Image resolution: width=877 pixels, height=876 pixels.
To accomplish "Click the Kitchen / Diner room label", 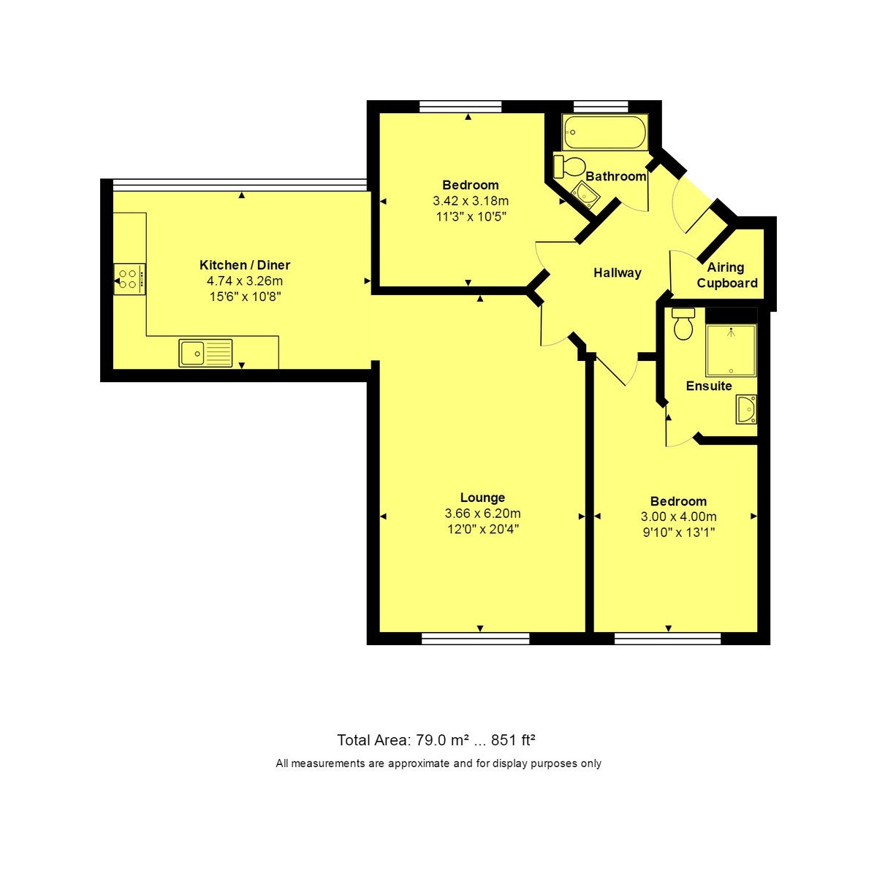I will click(x=245, y=265).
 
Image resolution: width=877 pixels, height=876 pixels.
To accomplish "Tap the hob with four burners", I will click(x=129, y=278).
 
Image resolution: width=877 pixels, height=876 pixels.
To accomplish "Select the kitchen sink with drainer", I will click(x=205, y=353).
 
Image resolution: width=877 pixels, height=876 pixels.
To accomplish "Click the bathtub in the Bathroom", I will click(x=604, y=132).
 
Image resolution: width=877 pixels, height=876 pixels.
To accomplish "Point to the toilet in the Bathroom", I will click(x=569, y=165).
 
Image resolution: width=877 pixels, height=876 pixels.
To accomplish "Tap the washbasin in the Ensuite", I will click(x=747, y=410).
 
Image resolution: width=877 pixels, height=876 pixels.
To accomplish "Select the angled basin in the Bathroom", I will click(x=586, y=194).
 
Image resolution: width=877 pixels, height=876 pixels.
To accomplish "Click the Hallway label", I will click(x=617, y=273).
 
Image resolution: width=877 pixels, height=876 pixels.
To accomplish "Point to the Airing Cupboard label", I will click(x=726, y=275).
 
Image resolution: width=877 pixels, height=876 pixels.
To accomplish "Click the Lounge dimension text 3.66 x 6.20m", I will click(x=482, y=514).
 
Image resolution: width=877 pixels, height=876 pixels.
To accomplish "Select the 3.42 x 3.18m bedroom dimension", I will click(x=471, y=201).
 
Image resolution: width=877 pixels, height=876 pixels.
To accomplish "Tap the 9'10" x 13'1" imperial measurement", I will click(x=678, y=533).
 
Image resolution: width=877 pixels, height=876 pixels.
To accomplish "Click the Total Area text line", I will click(x=436, y=740).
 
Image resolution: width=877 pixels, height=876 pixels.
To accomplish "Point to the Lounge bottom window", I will click(x=476, y=639).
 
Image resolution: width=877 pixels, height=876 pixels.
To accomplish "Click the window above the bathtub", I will click(x=600, y=106).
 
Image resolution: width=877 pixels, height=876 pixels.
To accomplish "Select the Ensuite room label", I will click(x=708, y=386).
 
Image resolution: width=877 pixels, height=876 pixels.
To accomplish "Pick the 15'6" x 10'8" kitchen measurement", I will click(x=245, y=297).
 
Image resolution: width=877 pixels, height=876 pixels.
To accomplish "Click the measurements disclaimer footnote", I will click(x=438, y=763).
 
